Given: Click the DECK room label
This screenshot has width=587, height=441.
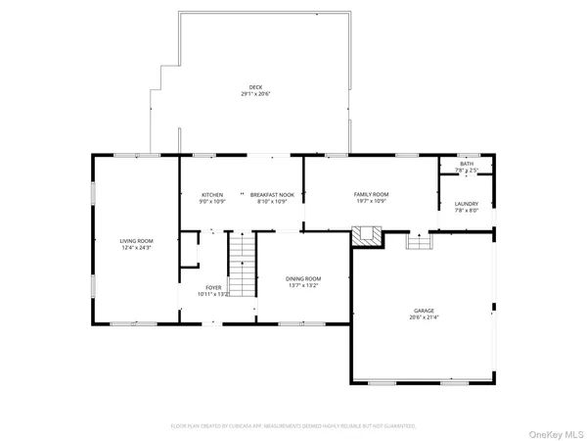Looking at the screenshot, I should (255, 87).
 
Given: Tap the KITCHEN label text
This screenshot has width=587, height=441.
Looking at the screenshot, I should (213, 194).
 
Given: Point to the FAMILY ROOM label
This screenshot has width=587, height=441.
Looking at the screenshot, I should (371, 194).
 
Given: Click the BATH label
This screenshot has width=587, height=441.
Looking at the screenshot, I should (466, 164).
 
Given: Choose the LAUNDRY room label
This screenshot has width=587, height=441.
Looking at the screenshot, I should (466, 204).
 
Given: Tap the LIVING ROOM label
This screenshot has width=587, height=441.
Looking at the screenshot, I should (136, 241).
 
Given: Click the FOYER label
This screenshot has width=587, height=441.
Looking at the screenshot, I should (213, 287).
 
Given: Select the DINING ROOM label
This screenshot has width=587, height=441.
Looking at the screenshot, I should (303, 279).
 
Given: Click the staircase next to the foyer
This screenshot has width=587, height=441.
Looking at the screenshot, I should (242, 264).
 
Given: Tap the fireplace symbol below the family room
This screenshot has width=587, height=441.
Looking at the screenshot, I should (367, 236).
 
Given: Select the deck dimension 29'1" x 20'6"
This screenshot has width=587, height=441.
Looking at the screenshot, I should (255, 94).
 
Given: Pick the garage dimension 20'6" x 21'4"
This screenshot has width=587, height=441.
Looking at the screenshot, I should (425, 318).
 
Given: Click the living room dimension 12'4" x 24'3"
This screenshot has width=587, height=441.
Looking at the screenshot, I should (136, 247).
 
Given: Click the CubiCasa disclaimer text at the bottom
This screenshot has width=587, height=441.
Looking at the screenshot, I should (293, 426).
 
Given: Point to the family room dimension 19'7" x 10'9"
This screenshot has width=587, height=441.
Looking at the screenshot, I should (371, 200).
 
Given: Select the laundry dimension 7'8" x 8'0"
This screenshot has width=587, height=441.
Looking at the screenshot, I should (466, 210).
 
